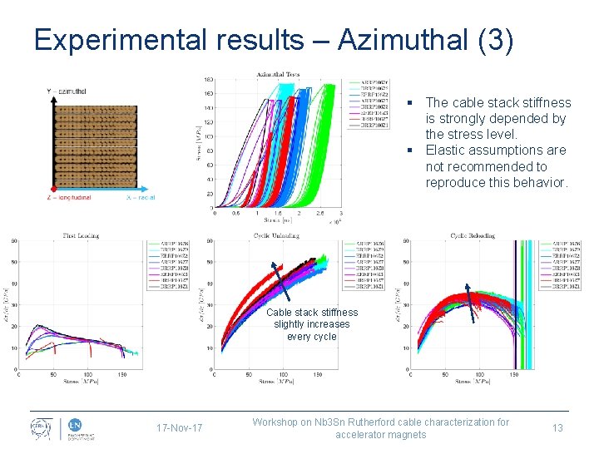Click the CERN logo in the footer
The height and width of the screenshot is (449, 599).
(42, 428)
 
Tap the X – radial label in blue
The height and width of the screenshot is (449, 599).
(141, 197)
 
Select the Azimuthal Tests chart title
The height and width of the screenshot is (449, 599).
(279, 73)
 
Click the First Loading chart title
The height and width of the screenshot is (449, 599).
(81, 235)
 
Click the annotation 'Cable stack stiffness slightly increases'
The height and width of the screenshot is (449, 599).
(312, 318)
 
